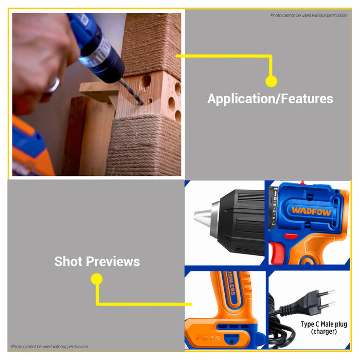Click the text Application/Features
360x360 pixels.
tap(270, 98)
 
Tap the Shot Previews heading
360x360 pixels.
tap(97, 261)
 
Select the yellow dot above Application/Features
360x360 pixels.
tap(271, 81)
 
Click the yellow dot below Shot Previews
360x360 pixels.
tap(96, 279)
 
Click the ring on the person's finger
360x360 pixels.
tap(53, 84)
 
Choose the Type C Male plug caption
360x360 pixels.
tap(323, 325)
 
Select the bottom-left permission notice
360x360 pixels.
tap(50, 347)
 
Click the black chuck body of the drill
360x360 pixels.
tap(242, 221)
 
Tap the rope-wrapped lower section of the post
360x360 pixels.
tap(149, 147)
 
